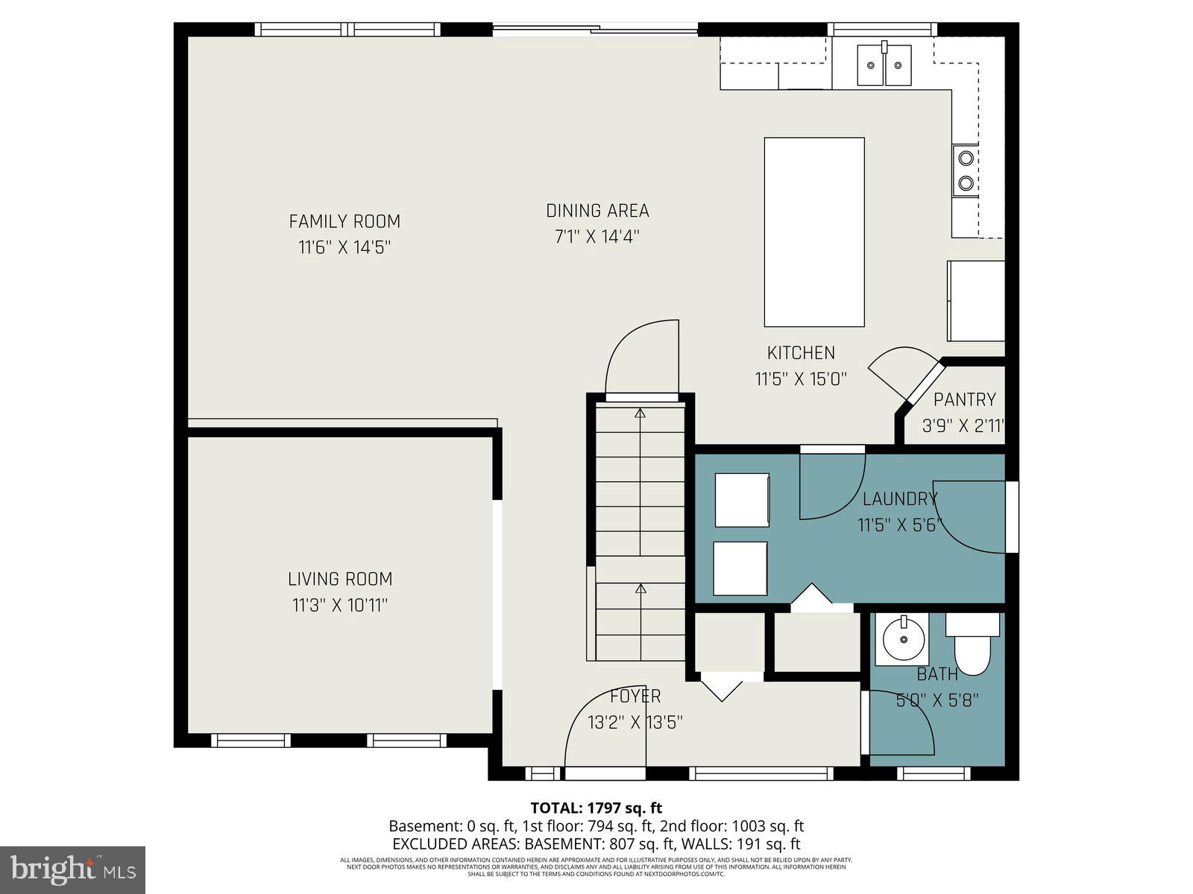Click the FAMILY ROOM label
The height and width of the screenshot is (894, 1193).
click(344, 221)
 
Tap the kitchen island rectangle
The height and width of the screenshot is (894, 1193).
click(814, 232)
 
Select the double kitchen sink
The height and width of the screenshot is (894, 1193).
click(884, 65)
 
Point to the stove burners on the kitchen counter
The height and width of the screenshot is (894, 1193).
click(966, 170)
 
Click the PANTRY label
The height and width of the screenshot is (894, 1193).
click(964, 400)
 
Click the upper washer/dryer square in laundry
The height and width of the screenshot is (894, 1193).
click(742, 500)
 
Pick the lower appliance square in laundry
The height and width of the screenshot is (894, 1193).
click(740, 568)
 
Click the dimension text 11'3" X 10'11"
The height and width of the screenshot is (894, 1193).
click(340, 605)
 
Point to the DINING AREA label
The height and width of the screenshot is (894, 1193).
click(597, 211)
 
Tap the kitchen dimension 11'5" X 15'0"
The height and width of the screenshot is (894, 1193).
click(801, 379)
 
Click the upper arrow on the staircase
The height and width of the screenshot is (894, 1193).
click(640, 413)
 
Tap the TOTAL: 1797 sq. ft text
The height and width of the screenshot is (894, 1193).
click(596, 808)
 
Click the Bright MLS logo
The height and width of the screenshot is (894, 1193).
click(72, 869)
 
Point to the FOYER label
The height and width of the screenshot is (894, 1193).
click(635, 697)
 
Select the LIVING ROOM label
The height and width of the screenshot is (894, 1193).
click(340, 579)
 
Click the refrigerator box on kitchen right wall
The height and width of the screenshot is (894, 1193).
click(975, 301)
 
